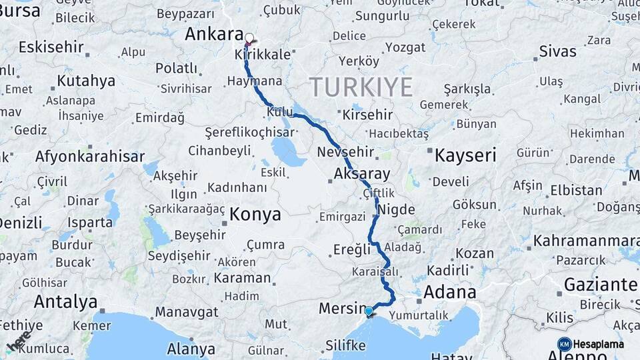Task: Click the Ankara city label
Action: (x=213, y=33)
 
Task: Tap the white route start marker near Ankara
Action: (x=249, y=39)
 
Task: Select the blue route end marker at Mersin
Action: (x=369, y=311)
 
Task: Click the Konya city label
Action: (x=255, y=215)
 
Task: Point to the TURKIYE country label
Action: (x=361, y=87)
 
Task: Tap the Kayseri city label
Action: (x=465, y=156)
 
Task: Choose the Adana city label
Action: (x=449, y=292)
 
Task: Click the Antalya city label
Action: (x=65, y=301)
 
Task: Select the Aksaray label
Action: (x=363, y=174)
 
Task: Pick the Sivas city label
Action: (x=557, y=51)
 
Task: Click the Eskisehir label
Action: (x=51, y=47)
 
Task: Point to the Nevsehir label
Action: (x=344, y=149)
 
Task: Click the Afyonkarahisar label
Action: (x=89, y=157)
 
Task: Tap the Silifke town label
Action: (x=345, y=345)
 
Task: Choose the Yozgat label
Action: (x=405, y=47)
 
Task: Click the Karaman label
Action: (x=243, y=278)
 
